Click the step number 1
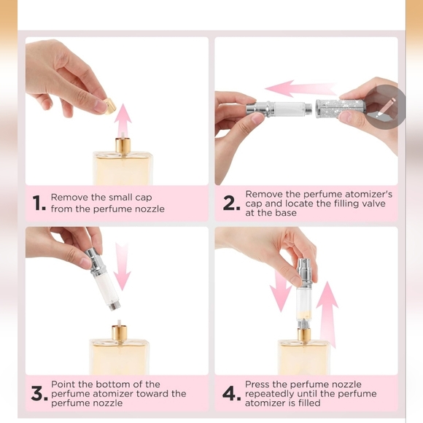coord(39,203)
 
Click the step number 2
coord(231,203)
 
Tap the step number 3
coord(39,394)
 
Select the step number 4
coord(231,394)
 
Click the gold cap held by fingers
coord(110,106)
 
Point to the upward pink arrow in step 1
coord(123,121)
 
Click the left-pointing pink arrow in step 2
coord(300,88)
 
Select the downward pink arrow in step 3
coord(123,266)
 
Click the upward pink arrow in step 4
coord(327,314)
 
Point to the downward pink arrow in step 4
coord(281,290)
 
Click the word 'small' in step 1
coord(118,197)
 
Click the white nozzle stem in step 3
coord(119,323)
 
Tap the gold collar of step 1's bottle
coord(123,145)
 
